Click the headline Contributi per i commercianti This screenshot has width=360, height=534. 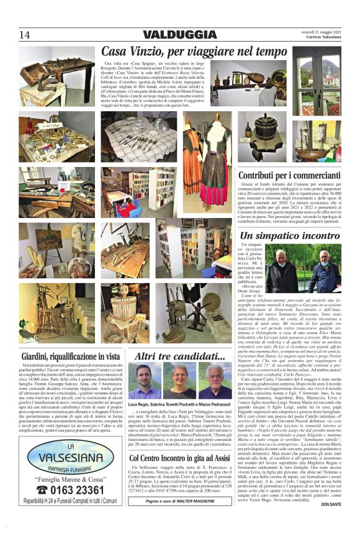coord(299,175)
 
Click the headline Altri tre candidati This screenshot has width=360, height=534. coord(179,356)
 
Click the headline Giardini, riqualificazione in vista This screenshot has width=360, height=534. coord(70,356)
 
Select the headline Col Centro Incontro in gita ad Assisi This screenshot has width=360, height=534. coord(180,476)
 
